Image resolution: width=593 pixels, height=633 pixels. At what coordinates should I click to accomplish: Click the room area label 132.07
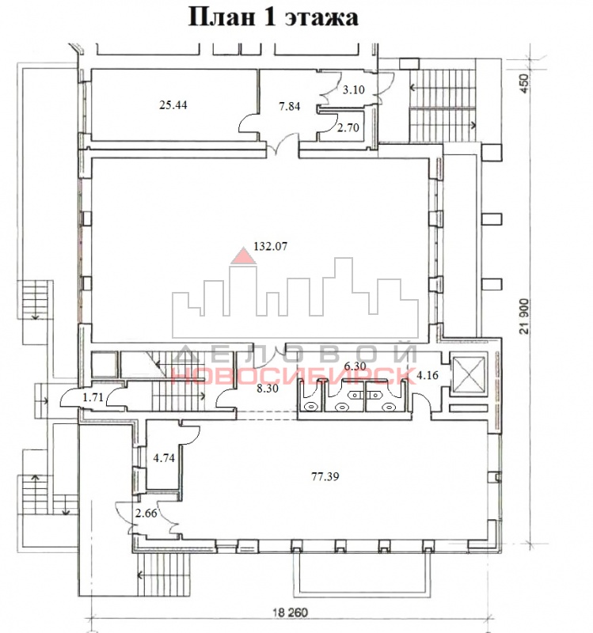270,246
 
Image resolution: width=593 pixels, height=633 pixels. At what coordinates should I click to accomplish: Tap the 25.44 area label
173,105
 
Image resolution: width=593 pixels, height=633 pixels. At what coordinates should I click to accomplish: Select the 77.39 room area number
325,476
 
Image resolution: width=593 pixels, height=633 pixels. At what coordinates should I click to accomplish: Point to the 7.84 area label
290,106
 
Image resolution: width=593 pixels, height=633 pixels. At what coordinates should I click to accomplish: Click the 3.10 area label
354,89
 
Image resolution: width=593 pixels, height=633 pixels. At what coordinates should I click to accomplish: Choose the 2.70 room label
348,127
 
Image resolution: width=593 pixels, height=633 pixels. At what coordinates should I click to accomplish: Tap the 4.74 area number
164,458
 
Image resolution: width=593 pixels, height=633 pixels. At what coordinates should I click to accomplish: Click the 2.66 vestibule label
146,513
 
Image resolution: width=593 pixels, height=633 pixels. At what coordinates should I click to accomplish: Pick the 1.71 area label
93,397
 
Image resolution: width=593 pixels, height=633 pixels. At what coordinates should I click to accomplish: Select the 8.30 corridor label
268,389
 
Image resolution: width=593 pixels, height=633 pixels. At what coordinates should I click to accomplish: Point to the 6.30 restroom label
355,366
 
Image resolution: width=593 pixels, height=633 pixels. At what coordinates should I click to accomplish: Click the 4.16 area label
428,375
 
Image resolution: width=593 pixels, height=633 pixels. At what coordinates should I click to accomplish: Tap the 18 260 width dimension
290,612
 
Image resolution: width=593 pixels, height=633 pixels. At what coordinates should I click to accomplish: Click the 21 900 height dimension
524,316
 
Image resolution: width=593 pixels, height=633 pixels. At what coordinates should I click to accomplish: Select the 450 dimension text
523,84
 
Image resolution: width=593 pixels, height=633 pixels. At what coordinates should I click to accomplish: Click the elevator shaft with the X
469,374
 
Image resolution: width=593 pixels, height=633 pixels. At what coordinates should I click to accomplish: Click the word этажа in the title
321,17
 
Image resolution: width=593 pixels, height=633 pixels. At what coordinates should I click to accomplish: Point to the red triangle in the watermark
243,256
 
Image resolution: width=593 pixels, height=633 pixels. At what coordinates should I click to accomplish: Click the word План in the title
222,17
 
